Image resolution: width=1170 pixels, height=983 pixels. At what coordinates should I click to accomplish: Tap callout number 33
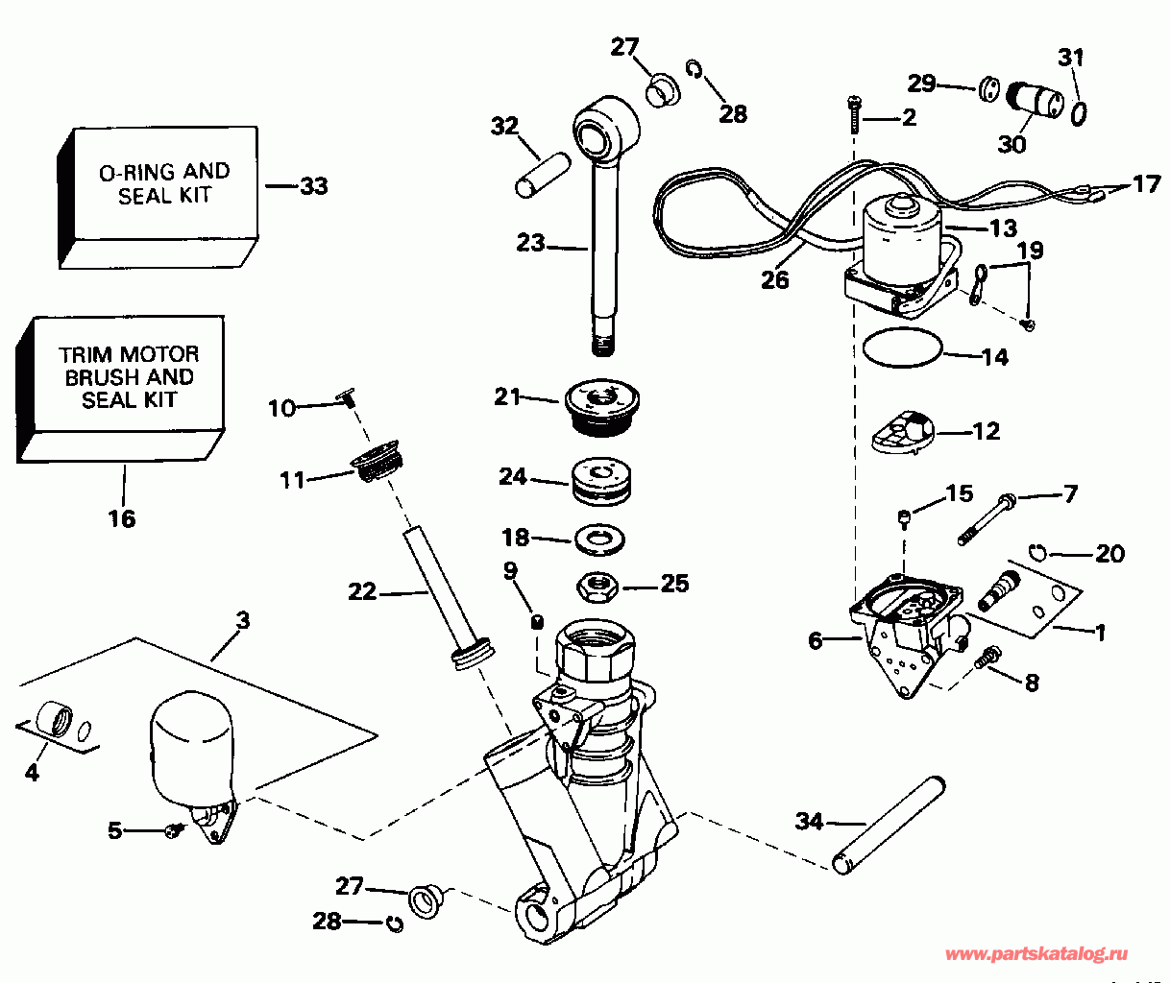click(313, 185)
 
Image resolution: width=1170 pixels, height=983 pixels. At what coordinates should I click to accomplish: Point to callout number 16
click(122, 518)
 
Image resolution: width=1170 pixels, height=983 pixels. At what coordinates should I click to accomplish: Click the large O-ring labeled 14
click(902, 348)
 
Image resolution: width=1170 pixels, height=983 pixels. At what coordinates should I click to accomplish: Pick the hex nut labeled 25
click(597, 584)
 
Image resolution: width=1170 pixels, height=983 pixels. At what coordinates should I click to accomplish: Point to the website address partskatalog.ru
click(1036, 954)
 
